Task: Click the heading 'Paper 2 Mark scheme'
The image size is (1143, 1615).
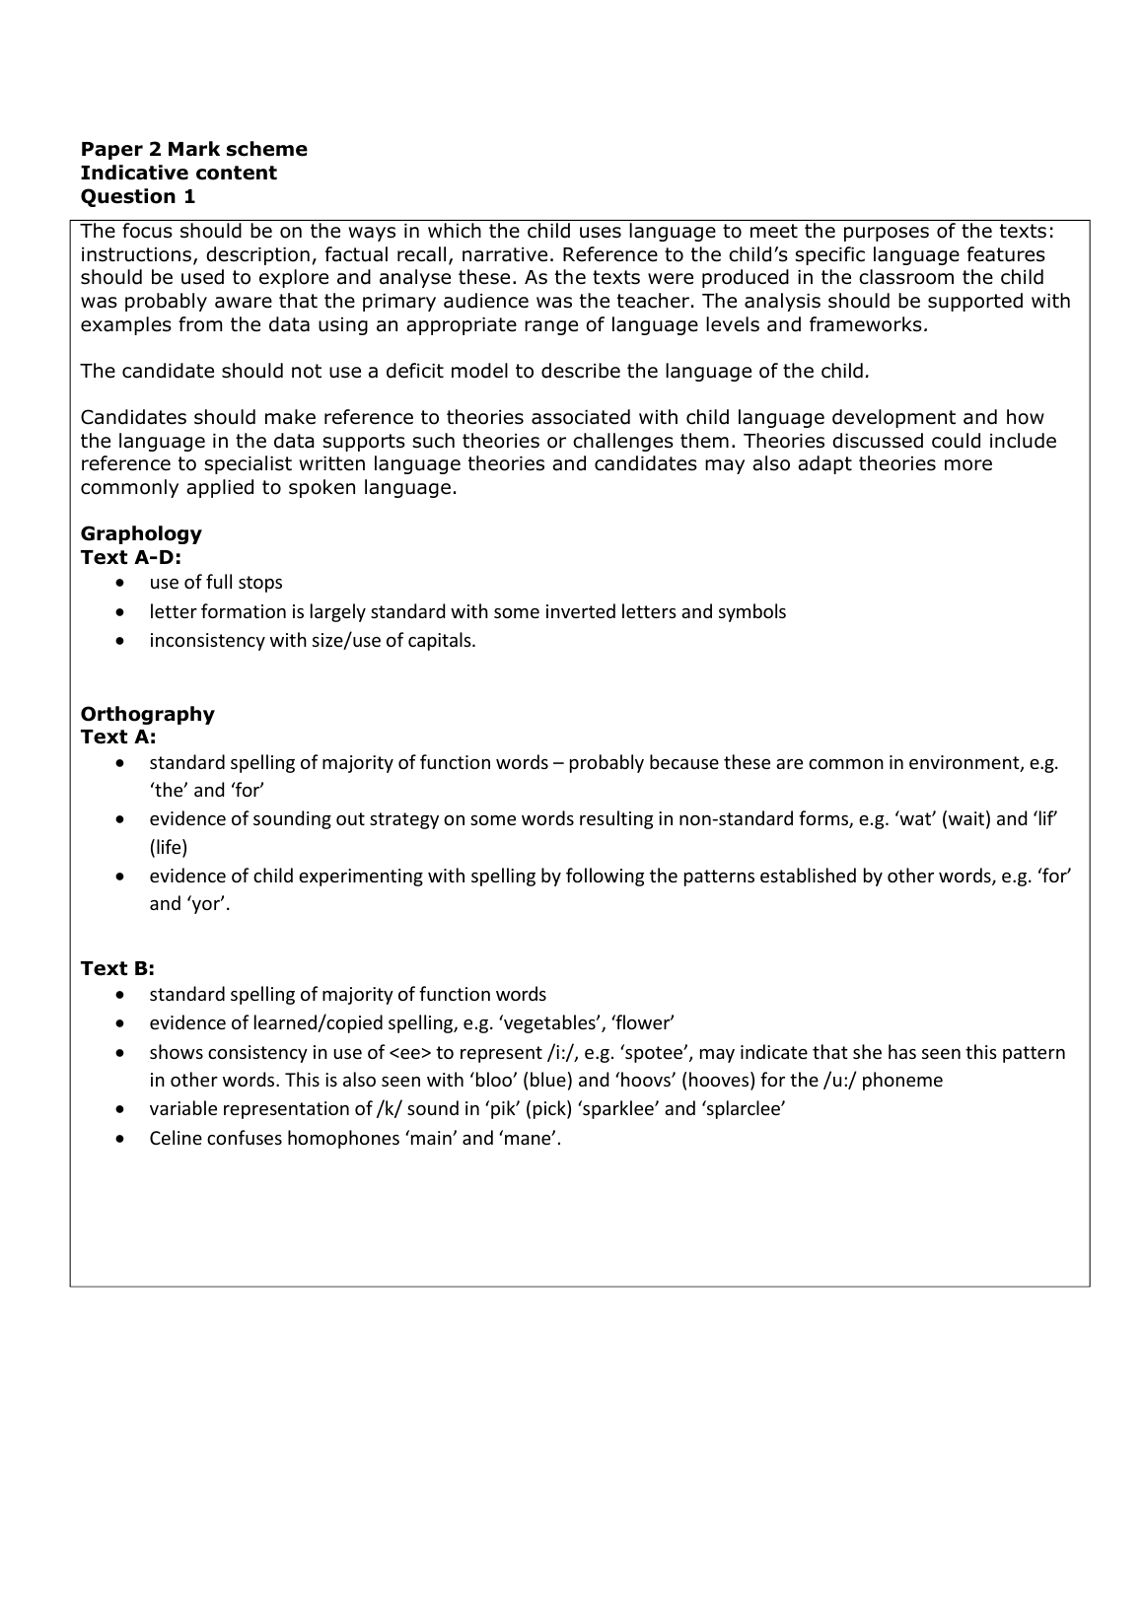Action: [193, 149]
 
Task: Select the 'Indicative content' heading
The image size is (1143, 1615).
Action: [179, 173]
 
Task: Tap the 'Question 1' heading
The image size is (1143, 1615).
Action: [138, 196]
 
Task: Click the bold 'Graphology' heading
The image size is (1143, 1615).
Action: [141, 533]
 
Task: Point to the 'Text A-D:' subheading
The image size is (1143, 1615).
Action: [131, 557]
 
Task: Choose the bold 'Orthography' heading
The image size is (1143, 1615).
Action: [147, 714]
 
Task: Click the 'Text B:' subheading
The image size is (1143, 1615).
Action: [117, 968]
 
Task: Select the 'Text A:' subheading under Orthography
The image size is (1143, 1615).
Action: [117, 737]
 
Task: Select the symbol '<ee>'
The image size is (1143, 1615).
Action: [411, 1052]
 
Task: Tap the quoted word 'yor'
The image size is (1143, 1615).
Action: [205, 904]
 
